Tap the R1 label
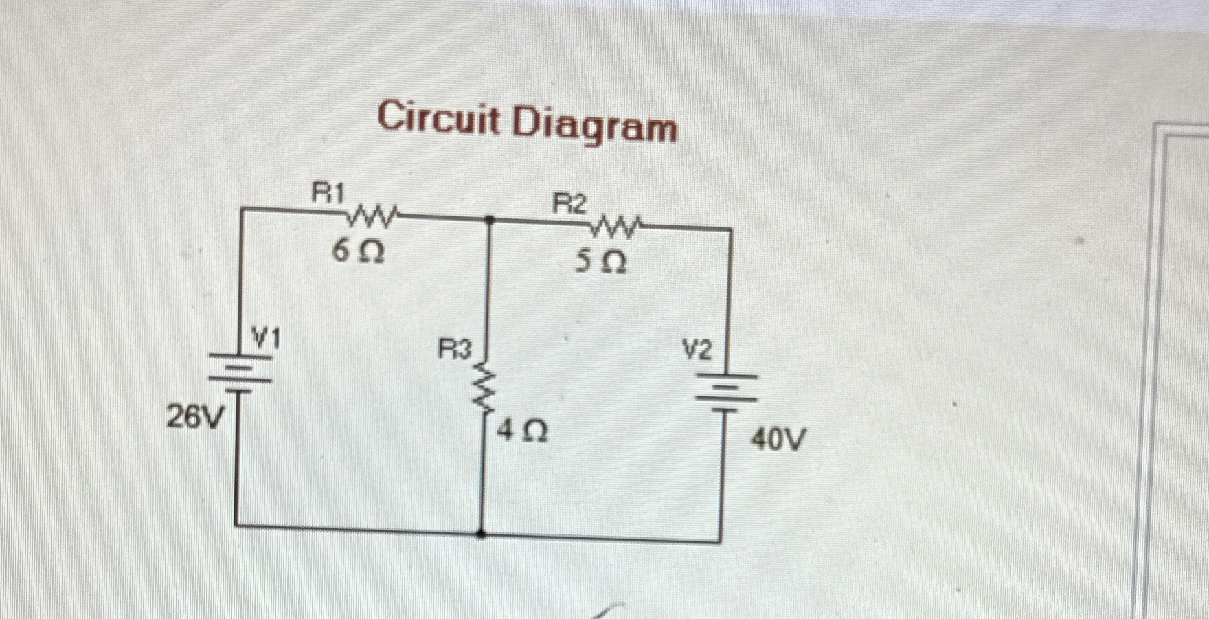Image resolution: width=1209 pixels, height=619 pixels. click(328, 193)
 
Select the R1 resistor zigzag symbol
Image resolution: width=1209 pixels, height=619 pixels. click(372, 217)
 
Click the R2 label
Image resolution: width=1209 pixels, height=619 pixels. click(571, 204)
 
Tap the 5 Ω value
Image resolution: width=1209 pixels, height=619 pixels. click(600, 262)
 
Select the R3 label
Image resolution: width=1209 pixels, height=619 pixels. click(455, 351)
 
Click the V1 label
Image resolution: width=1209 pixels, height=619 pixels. click(266, 338)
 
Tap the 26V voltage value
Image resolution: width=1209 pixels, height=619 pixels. click(195, 416)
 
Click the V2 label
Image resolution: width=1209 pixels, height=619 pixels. click(697, 351)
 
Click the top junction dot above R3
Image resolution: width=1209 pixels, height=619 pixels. click(489, 220)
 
